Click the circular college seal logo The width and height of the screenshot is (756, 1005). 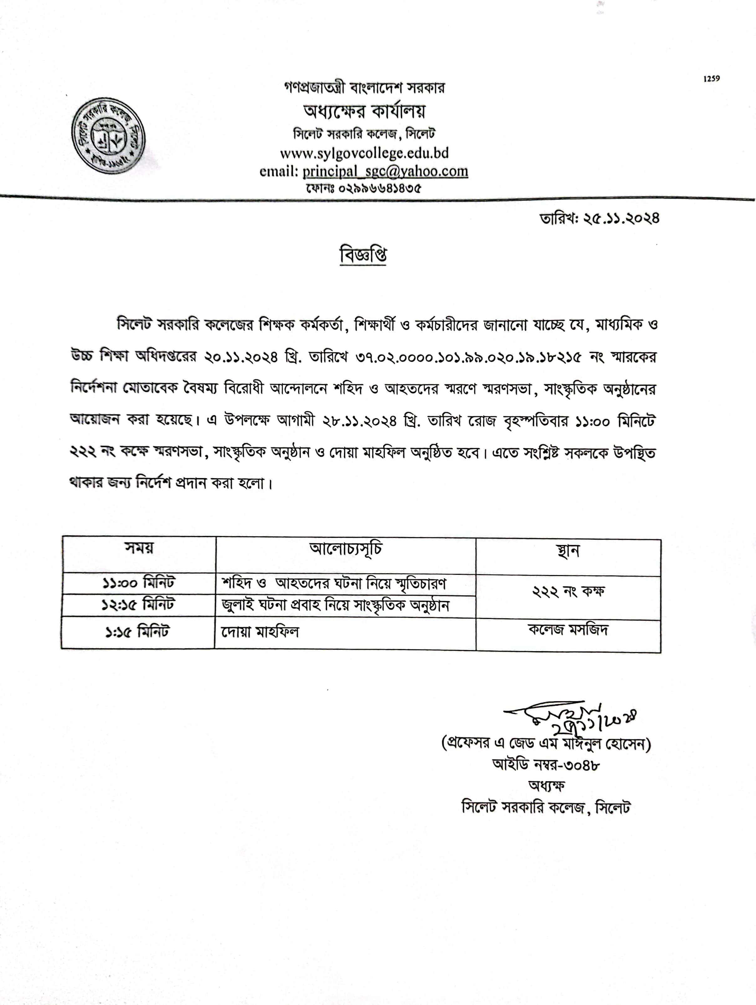pos(109,135)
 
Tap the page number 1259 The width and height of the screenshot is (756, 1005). pos(712,79)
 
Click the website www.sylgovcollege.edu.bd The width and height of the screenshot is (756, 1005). pos(364,153)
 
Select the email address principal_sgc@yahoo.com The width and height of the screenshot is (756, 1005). pos(385,171)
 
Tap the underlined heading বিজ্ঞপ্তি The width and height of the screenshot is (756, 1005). pos(363,255)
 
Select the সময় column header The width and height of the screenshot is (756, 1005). pos(139,548)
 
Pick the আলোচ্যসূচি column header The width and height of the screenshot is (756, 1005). pos(346,549)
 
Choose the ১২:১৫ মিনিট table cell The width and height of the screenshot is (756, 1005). pos(138,605)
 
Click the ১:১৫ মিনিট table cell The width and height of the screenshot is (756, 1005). pos(137,631)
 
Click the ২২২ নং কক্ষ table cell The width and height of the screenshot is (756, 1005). pos(568,592)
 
